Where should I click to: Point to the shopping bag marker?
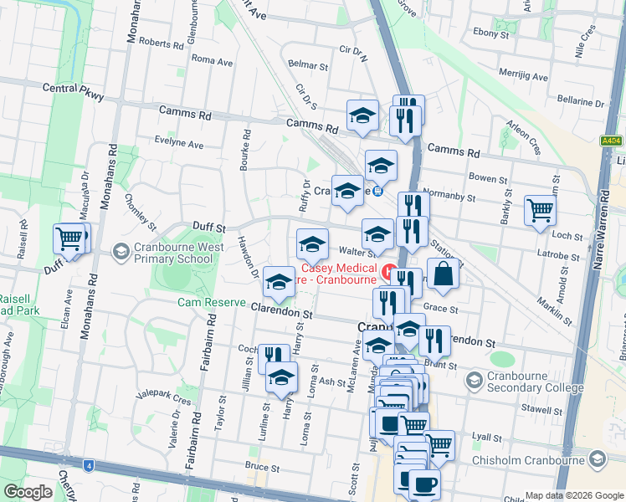(x=444, y=273)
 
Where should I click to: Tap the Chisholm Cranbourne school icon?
(x=598, y=458)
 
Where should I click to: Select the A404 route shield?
(x=612, y=142)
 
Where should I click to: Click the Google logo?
(x=28, y=492)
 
